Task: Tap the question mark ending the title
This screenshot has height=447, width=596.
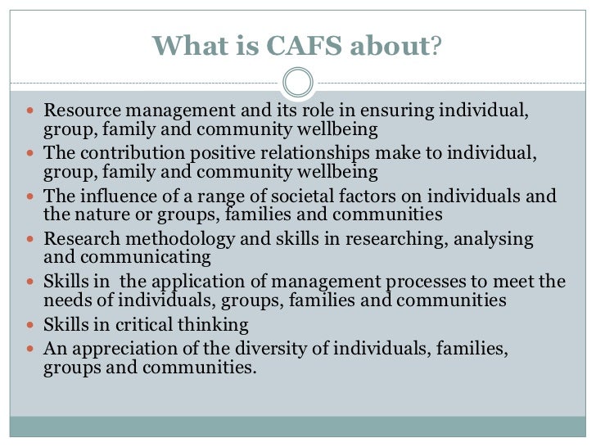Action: pos(436,47)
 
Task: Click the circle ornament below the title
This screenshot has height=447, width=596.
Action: pos(297,83)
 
